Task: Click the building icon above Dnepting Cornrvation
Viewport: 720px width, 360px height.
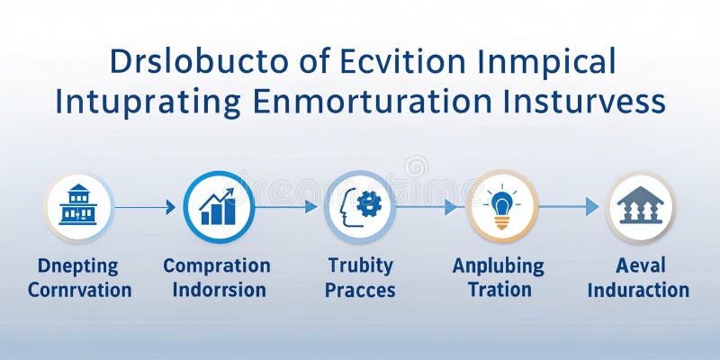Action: [78, 206]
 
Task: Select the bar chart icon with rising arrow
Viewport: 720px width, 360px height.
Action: [218, 206]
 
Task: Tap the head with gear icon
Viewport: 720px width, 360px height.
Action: [359, 206]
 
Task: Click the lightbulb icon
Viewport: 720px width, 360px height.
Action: [500, 206]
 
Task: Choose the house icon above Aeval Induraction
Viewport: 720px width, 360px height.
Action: [640, 206]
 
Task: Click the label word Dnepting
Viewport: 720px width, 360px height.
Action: [78, 266]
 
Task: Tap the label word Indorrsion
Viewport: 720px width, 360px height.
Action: [219, 290]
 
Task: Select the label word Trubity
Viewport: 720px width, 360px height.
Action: [360, 265]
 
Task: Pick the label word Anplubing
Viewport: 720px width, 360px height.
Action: [498, 266]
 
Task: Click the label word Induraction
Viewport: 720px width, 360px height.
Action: [640, 290]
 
